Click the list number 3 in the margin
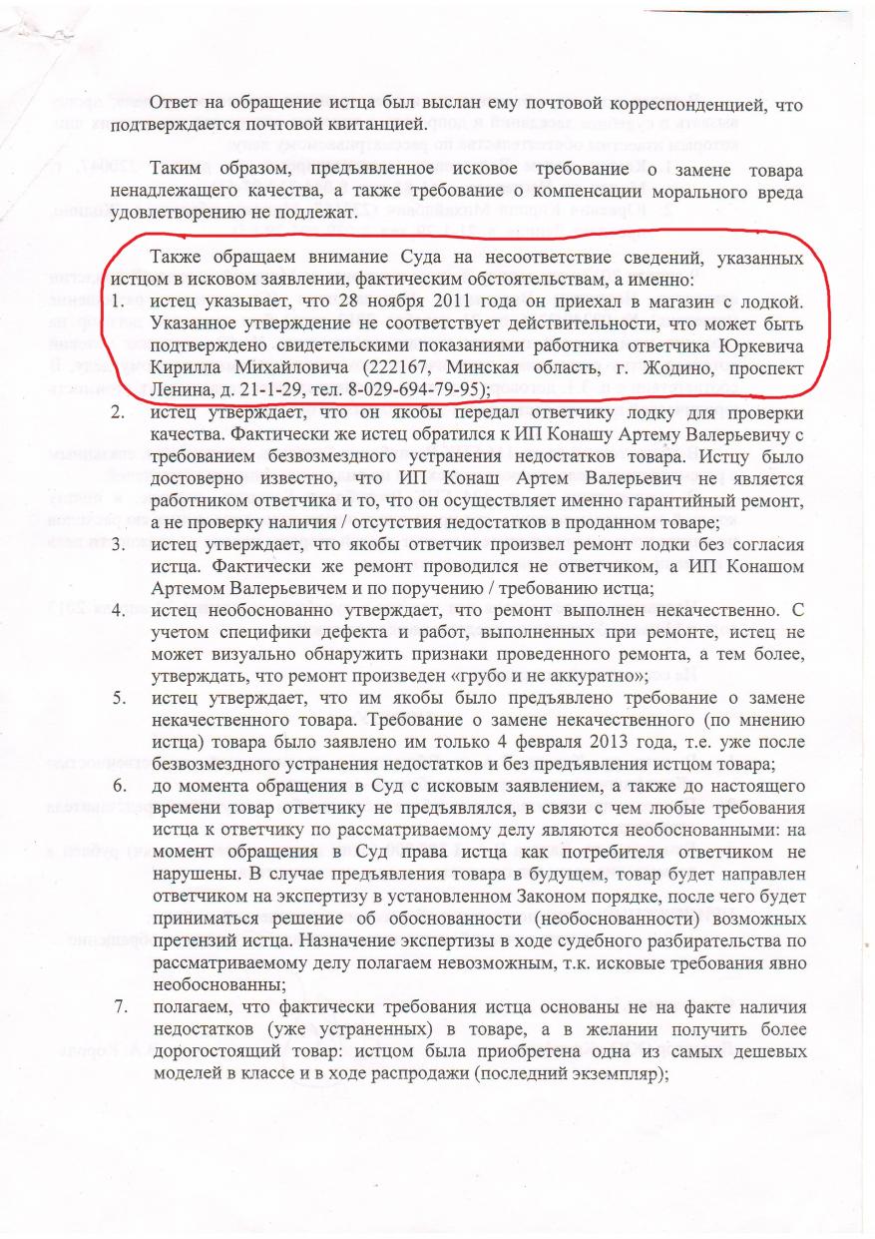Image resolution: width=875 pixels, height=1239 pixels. point(118,545)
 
